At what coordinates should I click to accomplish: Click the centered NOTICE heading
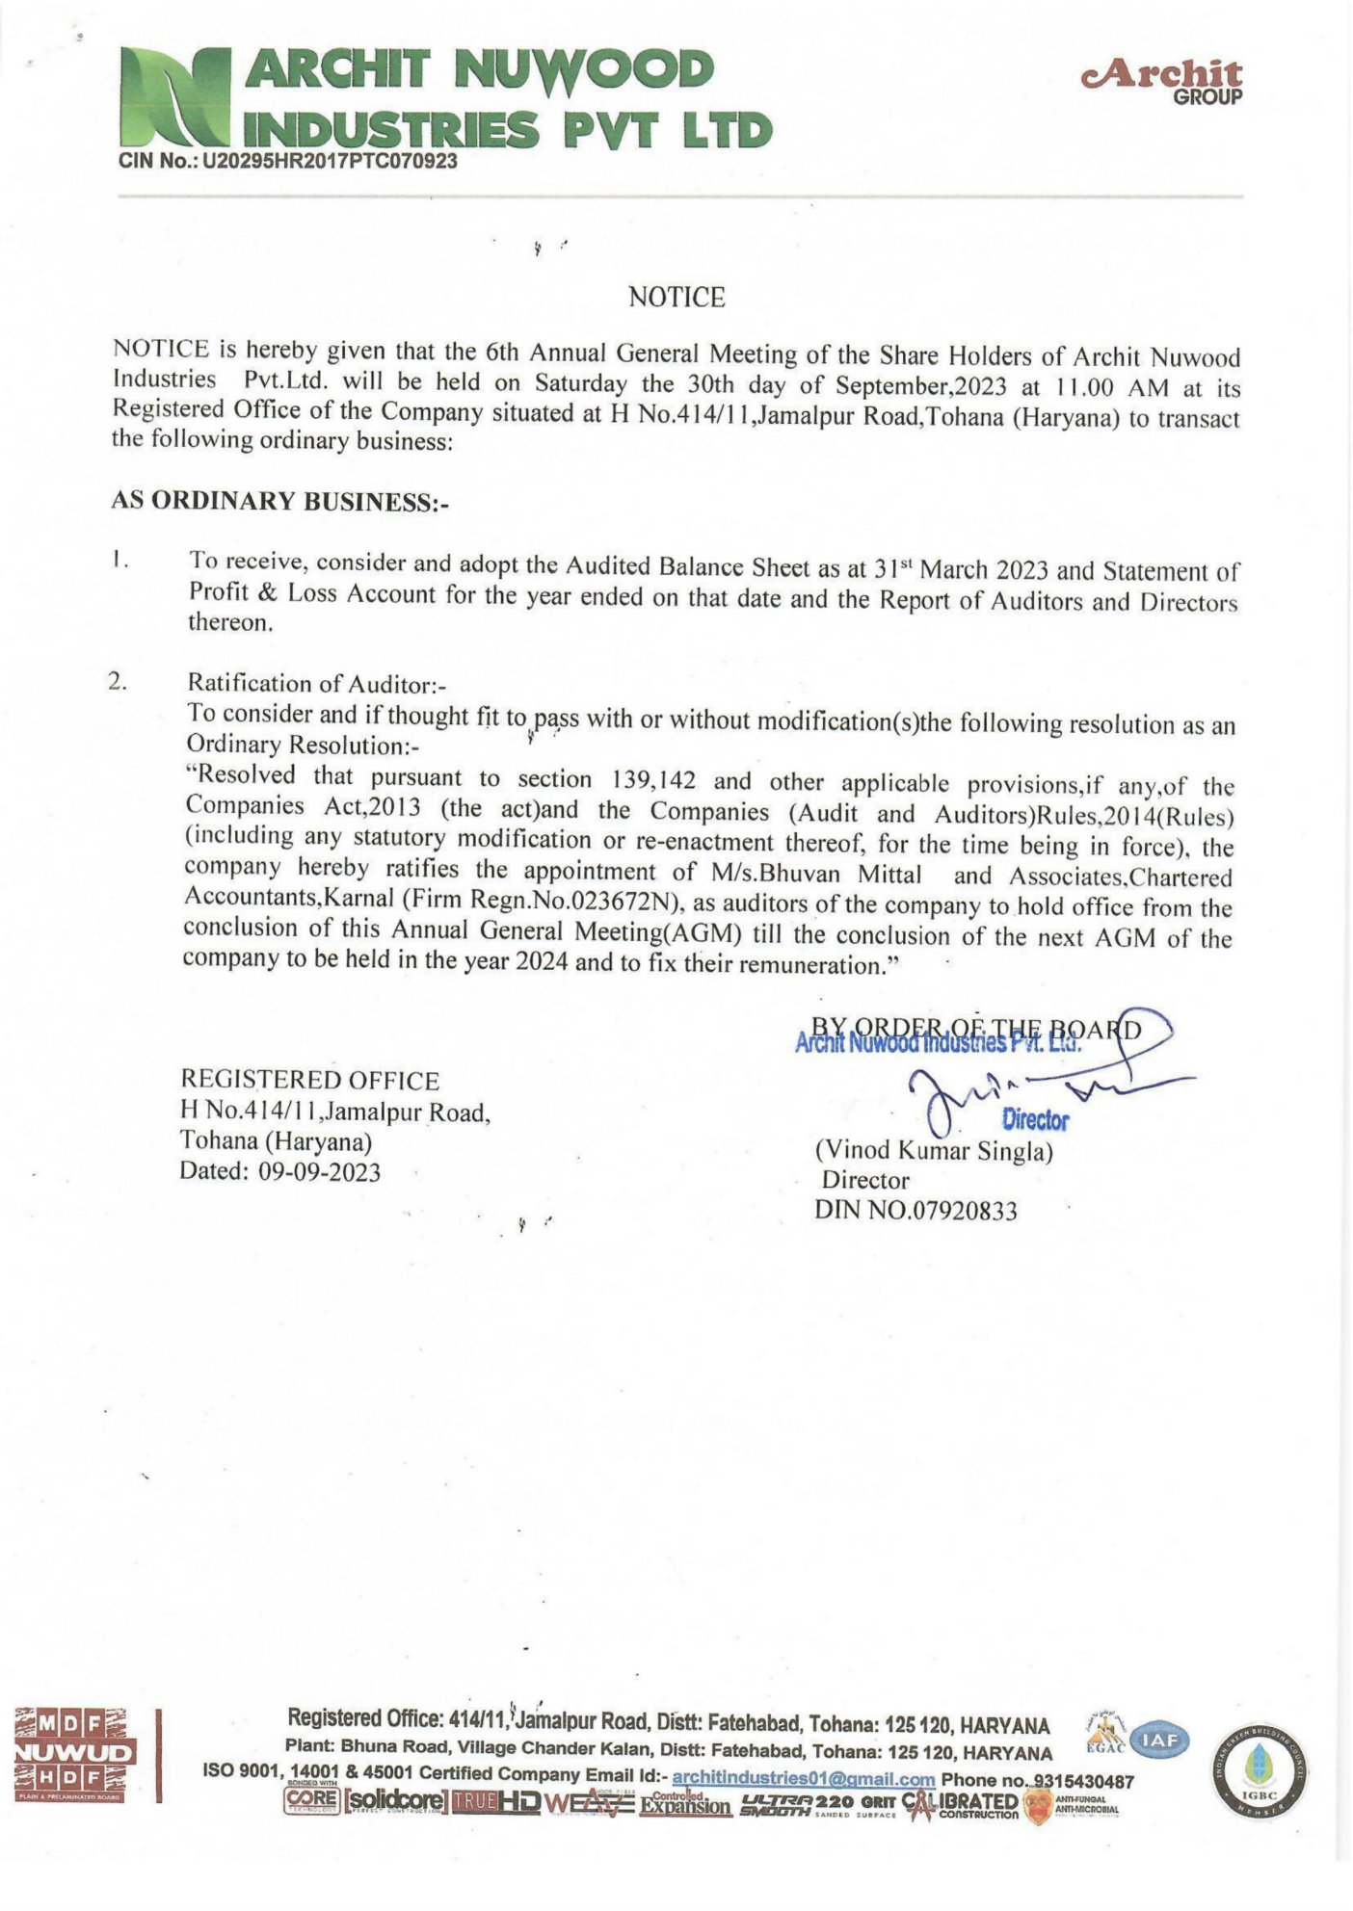(676, 298)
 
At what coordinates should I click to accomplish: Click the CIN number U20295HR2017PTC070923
(329, 162)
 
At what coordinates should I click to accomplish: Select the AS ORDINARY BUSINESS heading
(280, 502)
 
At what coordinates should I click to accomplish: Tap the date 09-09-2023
(320, 1171)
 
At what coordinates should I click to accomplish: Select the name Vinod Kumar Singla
(934, 1150)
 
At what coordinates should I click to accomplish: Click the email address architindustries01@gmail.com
(803, 1779)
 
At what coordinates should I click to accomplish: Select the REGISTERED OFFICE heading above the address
(309, 1081)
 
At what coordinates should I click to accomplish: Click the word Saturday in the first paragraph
(580, 383)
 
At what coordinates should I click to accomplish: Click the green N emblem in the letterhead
(179, 101)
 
